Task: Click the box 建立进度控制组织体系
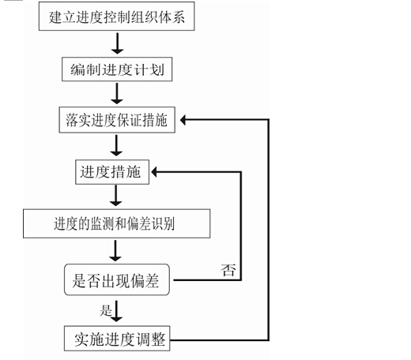[x=117, y=17]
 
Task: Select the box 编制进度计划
[x=117, y=69]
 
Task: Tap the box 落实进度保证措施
[x=117, y=120]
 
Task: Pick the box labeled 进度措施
[x=112, y=172]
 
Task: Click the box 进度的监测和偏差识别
[x=117, y=223]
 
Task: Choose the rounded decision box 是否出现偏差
[x=117, y=279]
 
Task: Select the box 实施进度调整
[x=117, y=339]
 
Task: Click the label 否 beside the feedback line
[x=228, y=270]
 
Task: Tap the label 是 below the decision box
[x=106, y=310]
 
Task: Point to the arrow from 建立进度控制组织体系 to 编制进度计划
[x=117, y=43]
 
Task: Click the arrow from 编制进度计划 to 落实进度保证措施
[x=117, y=93]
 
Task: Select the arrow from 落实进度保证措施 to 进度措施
[x=116, y=145]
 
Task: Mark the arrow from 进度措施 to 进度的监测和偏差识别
[x=115, y=195]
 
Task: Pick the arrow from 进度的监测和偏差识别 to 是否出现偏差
[x=115, y=250]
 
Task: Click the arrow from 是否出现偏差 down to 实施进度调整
[x=116, y=311]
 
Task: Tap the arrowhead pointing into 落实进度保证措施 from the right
[x=183, y=120]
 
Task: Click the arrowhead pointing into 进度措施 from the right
[x=154, y=172]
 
